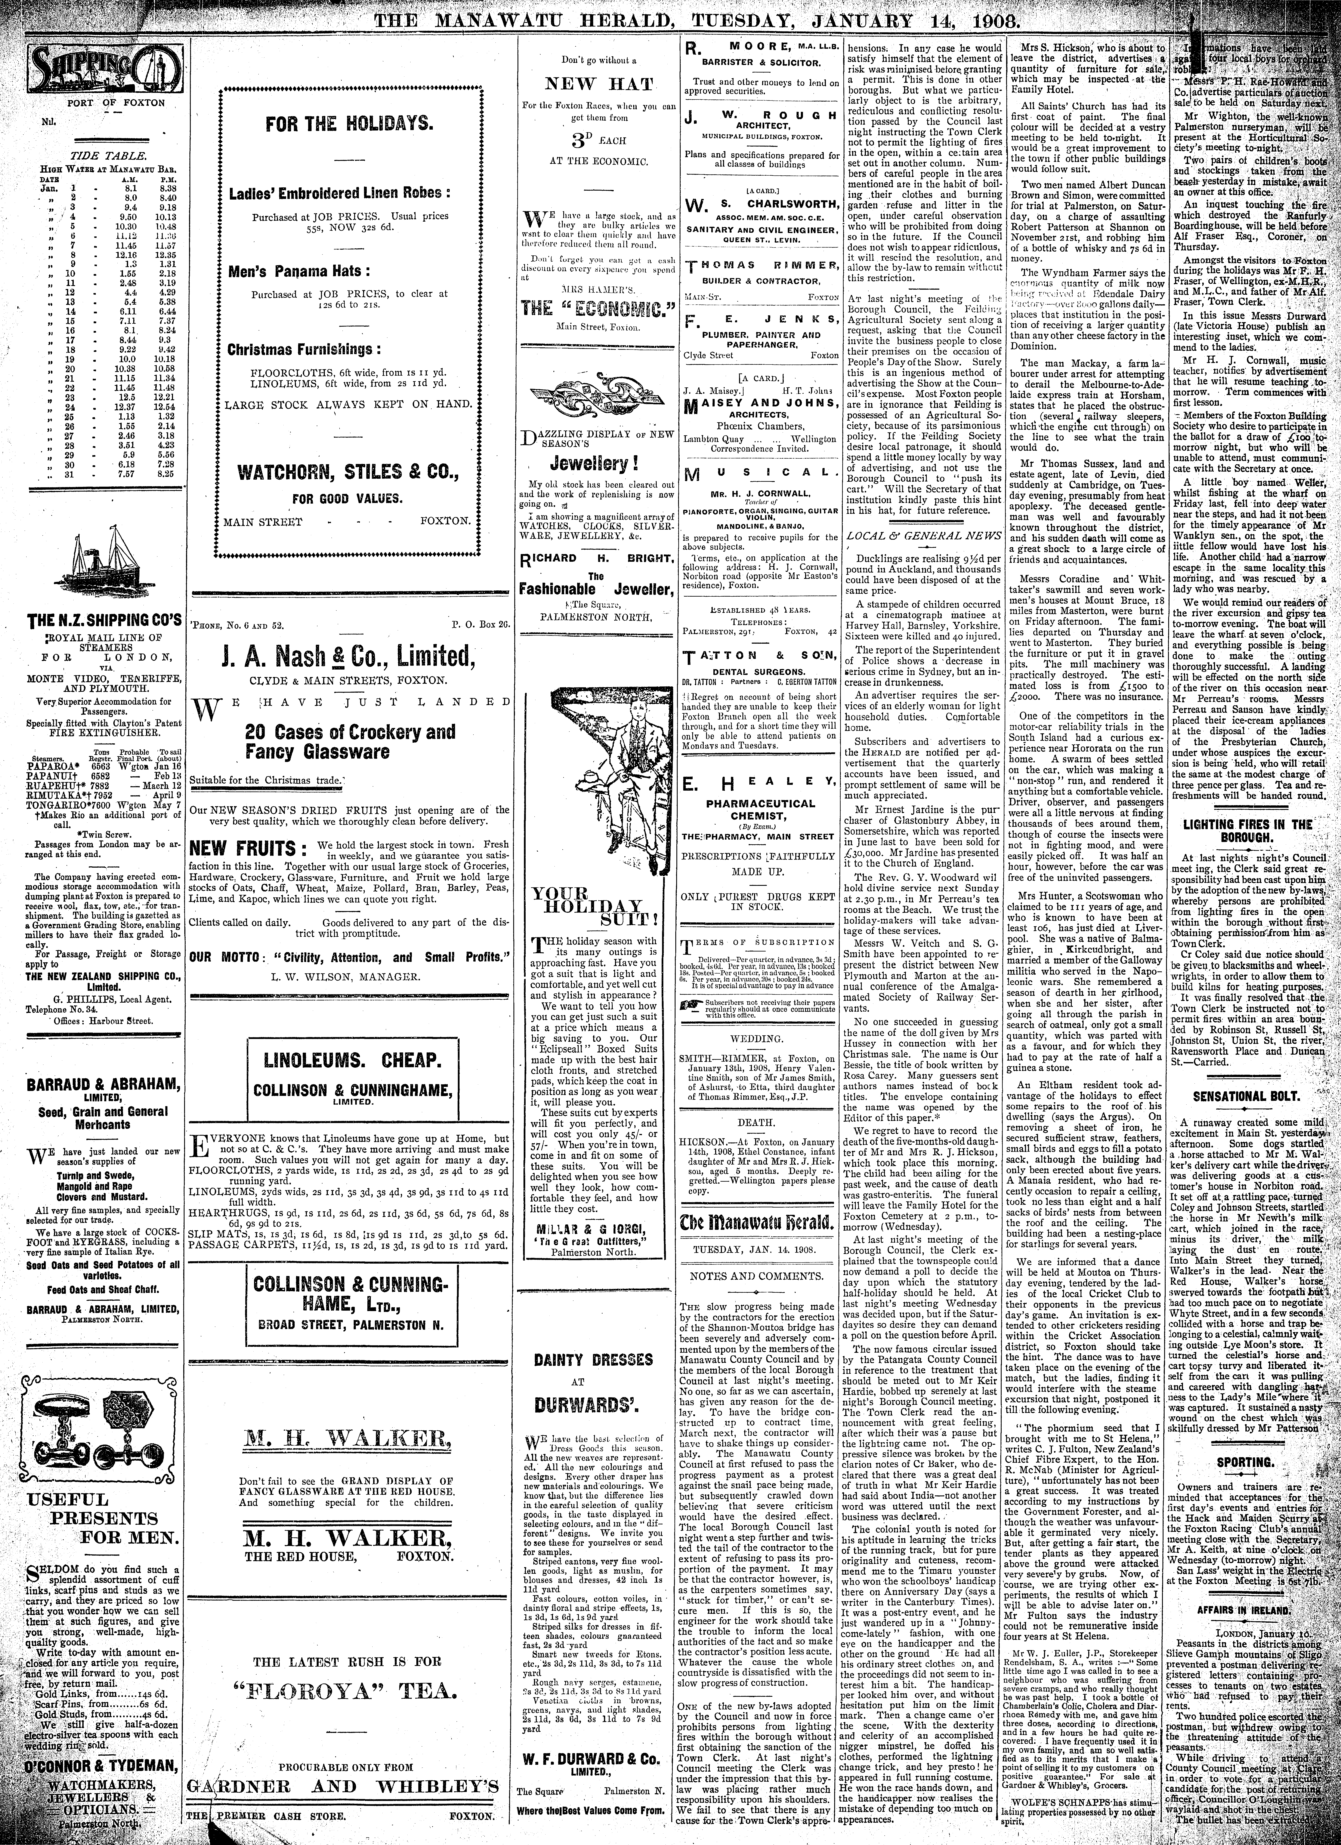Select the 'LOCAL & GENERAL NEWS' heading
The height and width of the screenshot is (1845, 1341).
[913, 537]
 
